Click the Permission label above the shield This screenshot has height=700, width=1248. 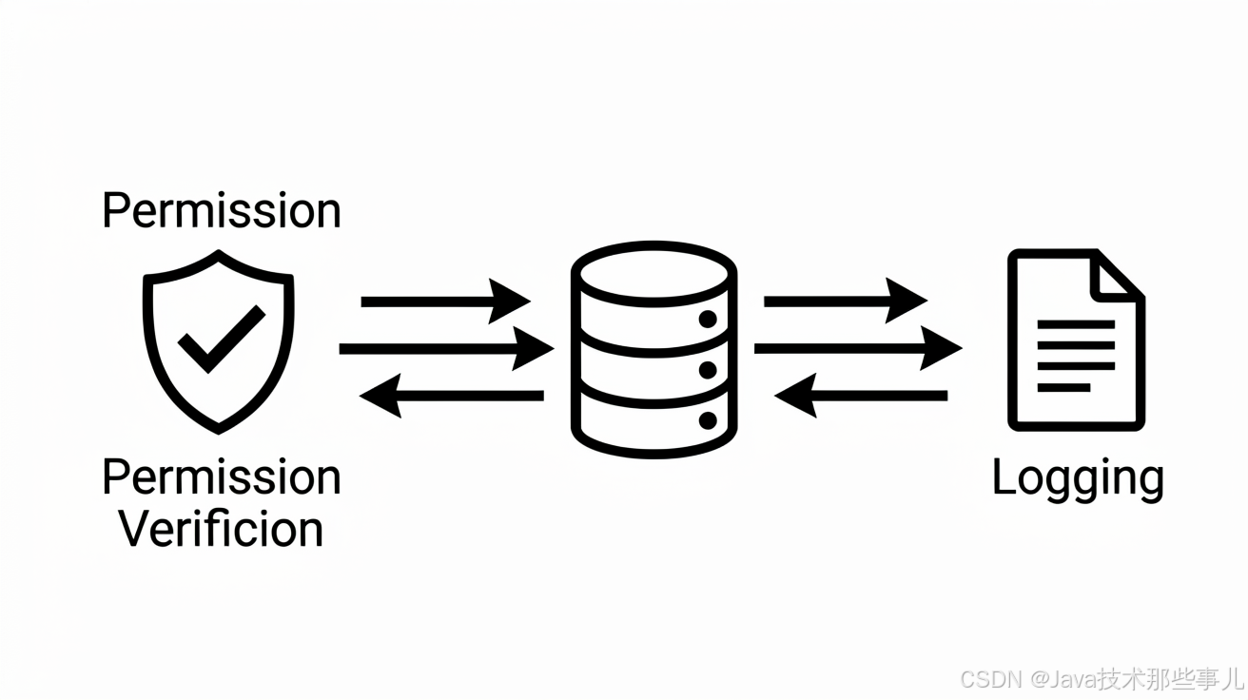222,210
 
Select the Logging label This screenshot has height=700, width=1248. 1078,479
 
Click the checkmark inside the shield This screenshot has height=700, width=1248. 222,339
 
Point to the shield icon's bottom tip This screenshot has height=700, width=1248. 219,432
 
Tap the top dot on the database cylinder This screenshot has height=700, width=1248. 708,320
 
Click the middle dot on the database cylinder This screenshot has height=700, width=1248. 708,370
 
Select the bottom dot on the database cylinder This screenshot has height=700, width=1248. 708,420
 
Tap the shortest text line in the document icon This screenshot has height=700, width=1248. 1063,388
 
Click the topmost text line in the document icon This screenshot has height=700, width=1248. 1076,324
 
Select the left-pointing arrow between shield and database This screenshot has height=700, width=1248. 451,396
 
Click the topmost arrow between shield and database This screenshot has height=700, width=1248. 446,301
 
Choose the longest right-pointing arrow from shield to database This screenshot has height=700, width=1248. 446,349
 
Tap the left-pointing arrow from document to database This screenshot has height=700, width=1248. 861,396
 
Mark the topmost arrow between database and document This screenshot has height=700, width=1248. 846,301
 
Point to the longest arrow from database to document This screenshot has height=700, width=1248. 858,349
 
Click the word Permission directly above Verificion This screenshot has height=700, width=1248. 222,477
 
